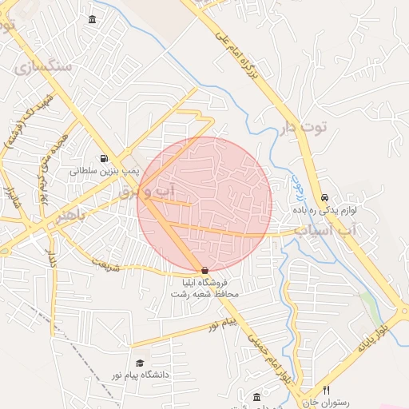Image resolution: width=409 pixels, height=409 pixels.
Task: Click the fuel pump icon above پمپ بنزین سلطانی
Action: (104, 159)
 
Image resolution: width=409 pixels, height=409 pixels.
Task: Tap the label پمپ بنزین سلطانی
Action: (105, 171)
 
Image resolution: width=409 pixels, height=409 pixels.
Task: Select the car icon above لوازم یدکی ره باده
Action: (324, 197)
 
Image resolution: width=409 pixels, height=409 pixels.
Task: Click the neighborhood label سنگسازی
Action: (43, 66)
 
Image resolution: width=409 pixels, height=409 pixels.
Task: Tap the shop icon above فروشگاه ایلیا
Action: (205, 271)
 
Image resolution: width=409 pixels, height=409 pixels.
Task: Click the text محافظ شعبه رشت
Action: (204, 294)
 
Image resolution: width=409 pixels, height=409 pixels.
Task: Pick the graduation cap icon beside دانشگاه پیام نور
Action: (141, 351)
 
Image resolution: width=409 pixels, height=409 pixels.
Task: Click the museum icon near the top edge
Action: (93, 19)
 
